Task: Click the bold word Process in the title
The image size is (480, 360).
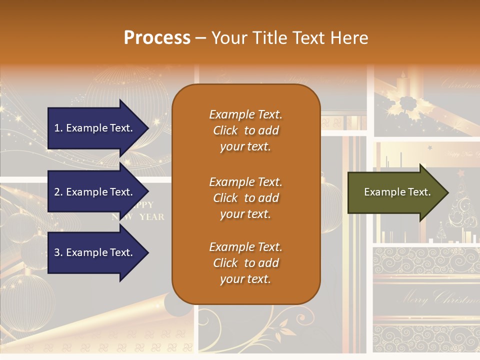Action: click(x=157, y=38)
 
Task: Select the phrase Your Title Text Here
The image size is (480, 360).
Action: click(x=289, y=38)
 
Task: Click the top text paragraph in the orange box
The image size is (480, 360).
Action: click(x=245, y=130)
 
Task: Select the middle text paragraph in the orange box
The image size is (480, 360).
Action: click(x=245, y=198)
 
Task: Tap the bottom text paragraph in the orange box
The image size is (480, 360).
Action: click(x=245, y=263)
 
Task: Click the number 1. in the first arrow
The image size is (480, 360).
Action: click(x=58, y=128)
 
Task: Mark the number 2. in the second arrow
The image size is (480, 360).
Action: click(x=58, y=192)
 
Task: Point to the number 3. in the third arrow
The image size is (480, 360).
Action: click(x=58, y=252)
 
